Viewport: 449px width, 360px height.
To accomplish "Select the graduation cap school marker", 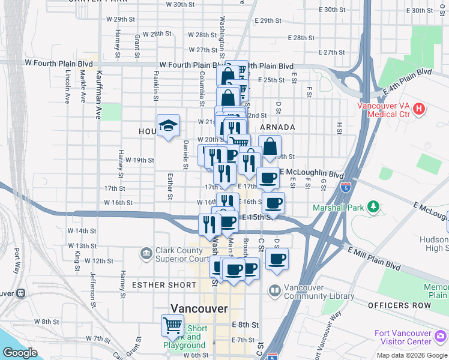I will [x=169, y=125].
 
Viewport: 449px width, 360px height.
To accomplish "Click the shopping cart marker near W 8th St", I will [x=173, y=325].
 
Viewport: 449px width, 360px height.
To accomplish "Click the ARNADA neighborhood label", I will [x=277, y=127].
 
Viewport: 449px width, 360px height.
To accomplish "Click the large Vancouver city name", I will [x=199, y=308].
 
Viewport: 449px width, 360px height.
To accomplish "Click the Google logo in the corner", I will [x=20, y=353].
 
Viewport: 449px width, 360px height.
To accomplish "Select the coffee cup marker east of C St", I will [x=277, y=259].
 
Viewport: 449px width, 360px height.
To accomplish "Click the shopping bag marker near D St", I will [x=270, y=146].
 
